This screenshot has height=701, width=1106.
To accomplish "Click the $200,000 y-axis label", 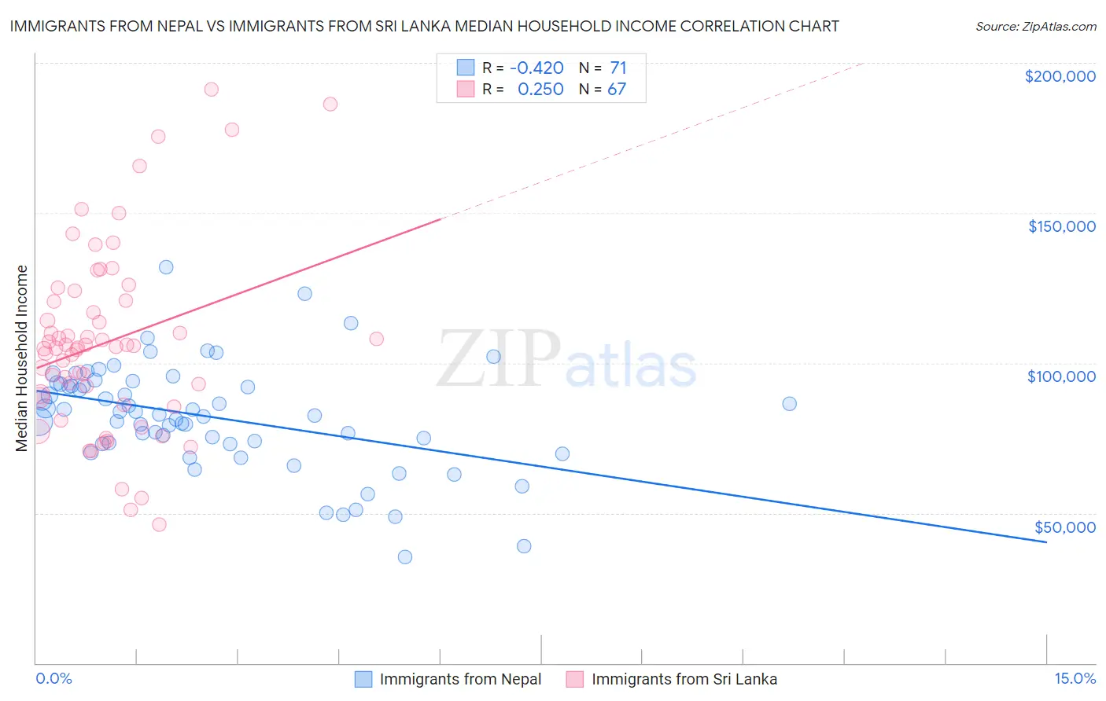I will (1060, 76).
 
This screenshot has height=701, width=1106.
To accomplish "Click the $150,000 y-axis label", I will (1061, 226).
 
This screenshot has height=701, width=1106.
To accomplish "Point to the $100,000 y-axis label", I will (1061, 376).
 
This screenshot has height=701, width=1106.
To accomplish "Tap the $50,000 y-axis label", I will (1064, 527).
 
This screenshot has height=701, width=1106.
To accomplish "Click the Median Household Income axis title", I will (22, 358).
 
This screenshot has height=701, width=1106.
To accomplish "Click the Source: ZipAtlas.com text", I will (1035, 26).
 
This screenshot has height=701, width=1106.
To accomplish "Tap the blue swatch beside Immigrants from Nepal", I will (363, 679).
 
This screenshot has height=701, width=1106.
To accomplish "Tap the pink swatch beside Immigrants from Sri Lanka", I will (574, 679).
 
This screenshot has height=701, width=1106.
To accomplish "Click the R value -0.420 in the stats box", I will (536, 68).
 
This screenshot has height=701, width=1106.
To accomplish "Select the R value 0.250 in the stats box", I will (540, 90).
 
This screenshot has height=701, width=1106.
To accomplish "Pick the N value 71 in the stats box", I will (618, 68).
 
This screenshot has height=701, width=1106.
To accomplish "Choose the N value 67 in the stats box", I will (617, 90).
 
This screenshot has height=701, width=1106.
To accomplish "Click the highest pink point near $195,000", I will (211, 90).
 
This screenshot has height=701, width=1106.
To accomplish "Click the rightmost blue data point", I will (789, 403).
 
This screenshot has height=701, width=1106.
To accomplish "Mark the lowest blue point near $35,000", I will (405, 556).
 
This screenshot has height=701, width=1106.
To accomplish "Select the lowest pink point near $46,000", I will (159, 524).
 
